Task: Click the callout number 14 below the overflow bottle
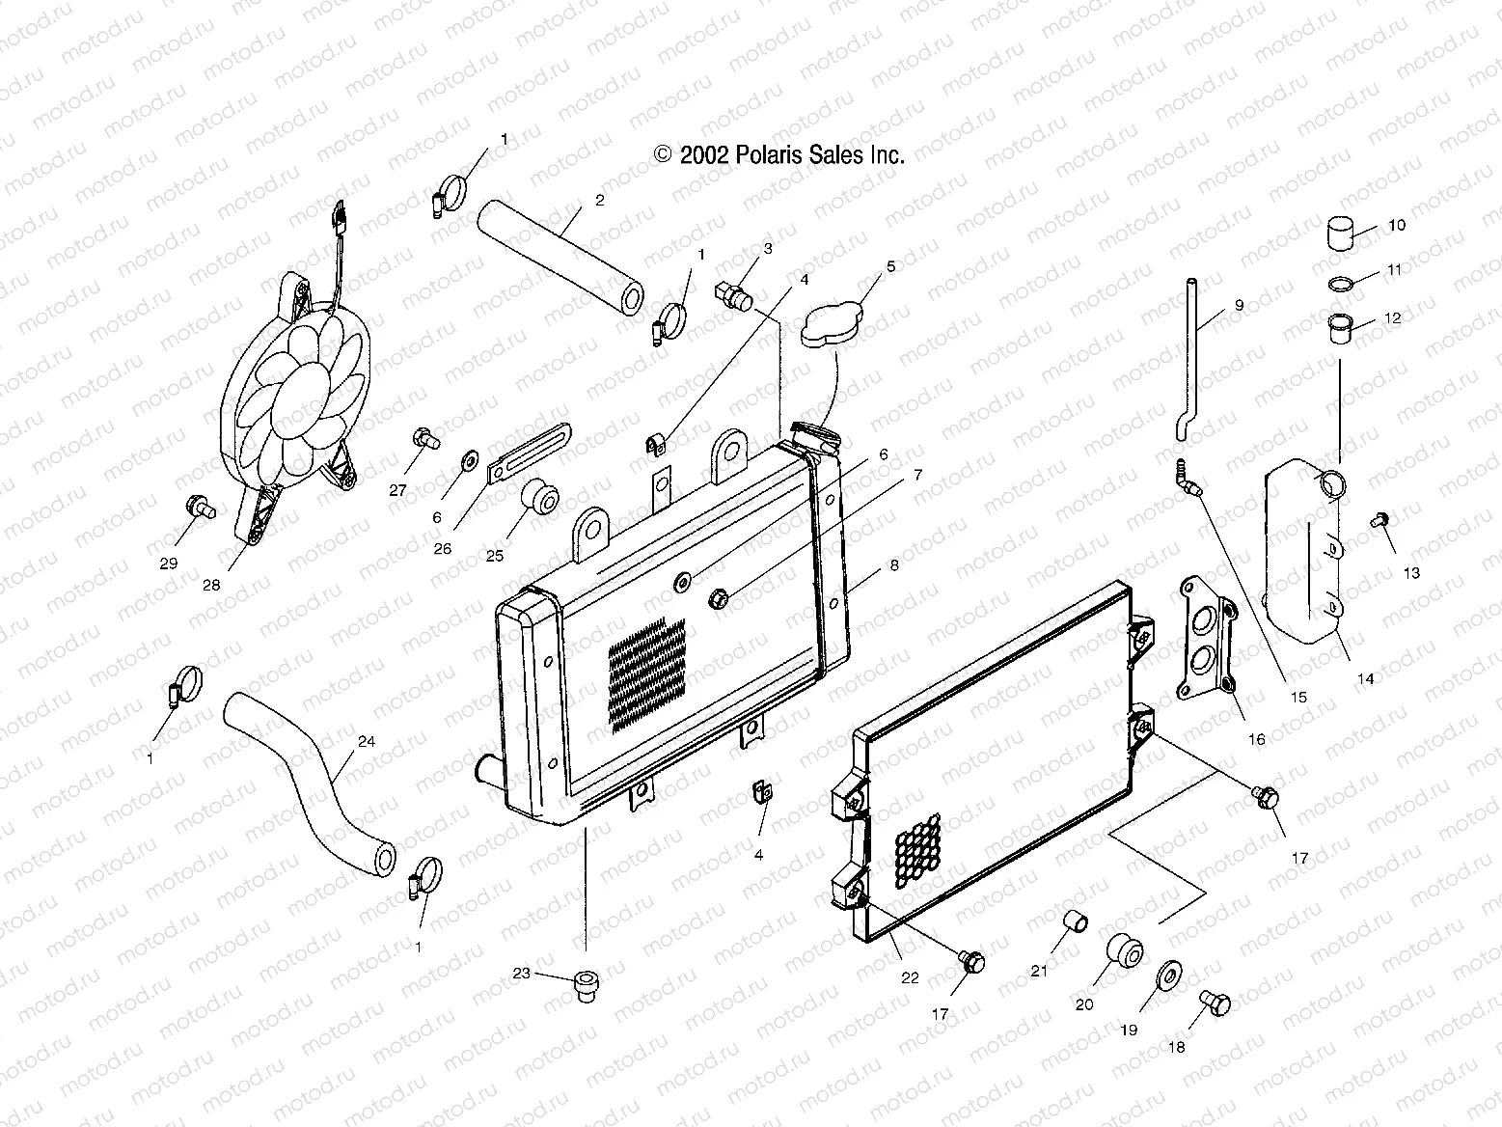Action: pos(1364,678)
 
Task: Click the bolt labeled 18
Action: pos(1215,1003)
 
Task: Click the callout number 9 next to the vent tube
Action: pos(1239,306)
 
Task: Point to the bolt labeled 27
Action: pos(424,439)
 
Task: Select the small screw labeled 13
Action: pos(1379,520)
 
